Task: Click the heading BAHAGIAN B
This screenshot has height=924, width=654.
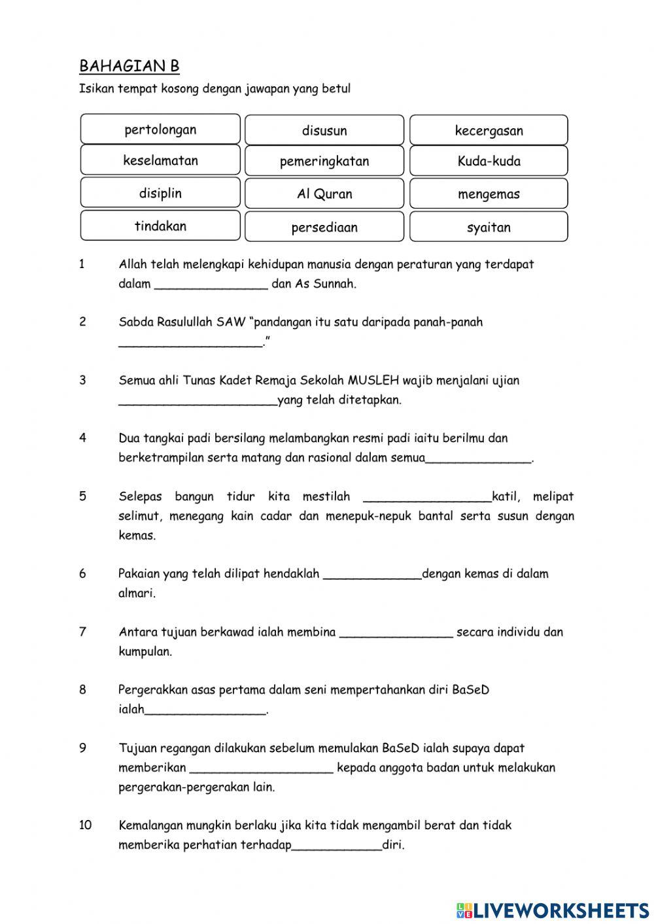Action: (129, 66)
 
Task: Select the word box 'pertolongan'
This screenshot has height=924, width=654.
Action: (160, 129)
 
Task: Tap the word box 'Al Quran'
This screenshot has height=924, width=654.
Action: (324, 194)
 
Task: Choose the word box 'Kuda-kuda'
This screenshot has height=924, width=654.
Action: (489, 162)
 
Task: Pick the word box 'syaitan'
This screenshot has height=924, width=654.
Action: (489, 228)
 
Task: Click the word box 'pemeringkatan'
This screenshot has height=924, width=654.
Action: (324, 162)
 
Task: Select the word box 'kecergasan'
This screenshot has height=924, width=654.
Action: (489, 130)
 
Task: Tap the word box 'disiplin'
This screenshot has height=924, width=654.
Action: (160, 194)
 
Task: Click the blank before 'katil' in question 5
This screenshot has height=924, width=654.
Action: (426, 497)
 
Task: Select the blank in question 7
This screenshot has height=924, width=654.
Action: (396, 632)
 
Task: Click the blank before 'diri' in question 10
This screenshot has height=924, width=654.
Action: (337, 846)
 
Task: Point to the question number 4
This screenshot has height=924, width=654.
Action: (82, 438)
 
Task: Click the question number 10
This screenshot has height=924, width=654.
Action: (86, 825)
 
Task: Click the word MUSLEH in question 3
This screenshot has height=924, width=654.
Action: (373, 381)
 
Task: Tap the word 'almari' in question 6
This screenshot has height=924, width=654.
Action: (135, 594)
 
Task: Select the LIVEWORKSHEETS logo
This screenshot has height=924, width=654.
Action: (553, 910)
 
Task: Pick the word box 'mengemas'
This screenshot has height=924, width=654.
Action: (489, 194)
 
